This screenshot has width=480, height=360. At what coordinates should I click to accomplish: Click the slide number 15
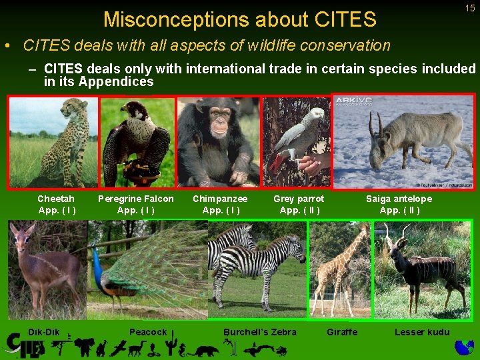pyautogui.click(x=470, y=8)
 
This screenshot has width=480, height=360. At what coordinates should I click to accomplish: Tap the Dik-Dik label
pyautogui.click(x=44, y=332)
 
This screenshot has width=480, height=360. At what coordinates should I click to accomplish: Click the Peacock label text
pyautogui.click(x=148, y=332)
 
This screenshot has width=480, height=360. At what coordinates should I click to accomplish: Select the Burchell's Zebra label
pyautogui.click(x=260, y=332)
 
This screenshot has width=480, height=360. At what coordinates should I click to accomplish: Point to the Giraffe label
pyautogui.click(x=342, y=332)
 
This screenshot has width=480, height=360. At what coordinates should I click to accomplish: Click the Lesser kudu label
pyautogui.click(x=422, y=332)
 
